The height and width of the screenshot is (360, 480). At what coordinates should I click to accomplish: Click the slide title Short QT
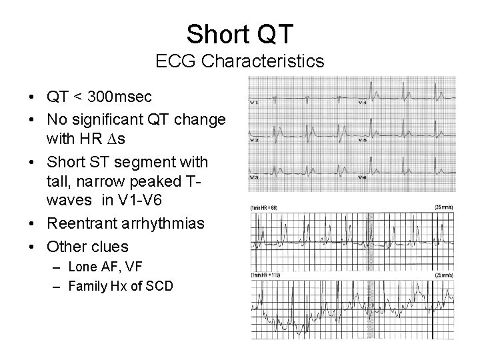click(x=239, y=33)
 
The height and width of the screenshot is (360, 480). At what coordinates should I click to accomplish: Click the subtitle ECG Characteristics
click(x=239, y=62)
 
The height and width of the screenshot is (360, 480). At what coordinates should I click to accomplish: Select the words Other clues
click(x=87, y=247)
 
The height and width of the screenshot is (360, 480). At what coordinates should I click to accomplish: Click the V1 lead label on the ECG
click(x=254, y=103)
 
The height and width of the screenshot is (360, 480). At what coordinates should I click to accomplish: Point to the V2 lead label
click(x=254, y=141)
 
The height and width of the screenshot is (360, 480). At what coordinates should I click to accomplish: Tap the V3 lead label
click(x=254, y=177)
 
